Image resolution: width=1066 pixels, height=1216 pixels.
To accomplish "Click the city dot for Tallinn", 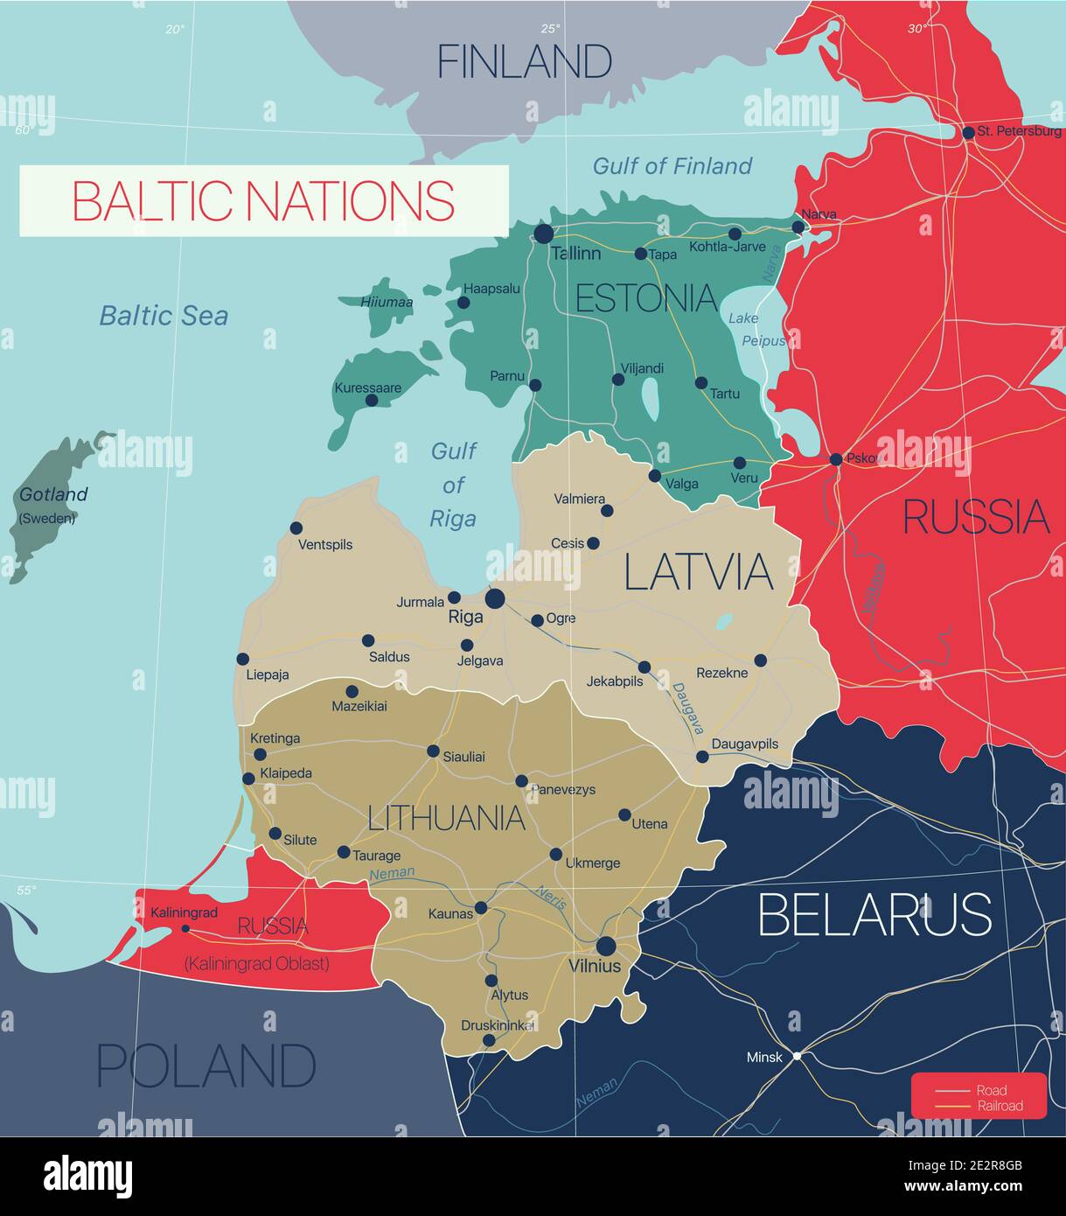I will (x=544, y=234).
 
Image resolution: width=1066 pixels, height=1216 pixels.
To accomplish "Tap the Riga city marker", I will (x=495, y=598).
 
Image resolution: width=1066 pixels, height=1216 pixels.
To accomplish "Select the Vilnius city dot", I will (x=605, y=946).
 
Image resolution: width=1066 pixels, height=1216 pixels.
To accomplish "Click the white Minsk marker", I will (x=797, y=1056).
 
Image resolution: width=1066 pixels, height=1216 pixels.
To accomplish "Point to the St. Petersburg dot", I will (x=968, y=133).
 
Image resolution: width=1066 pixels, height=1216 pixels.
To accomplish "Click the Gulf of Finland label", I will (x=672, y=165).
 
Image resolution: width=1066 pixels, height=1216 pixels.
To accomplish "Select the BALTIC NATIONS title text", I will (x=263, y=200).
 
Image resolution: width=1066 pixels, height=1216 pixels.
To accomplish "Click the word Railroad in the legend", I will (x=1000, y=1106).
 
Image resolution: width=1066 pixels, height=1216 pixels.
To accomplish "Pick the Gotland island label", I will (x=53, y=494).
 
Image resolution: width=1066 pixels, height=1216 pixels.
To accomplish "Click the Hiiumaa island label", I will (x=387, y=302).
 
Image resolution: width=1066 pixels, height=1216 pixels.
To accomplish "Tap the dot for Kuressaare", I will (x=372, y=400).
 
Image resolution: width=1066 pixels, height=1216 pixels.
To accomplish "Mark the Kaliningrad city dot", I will (x=185, y=929).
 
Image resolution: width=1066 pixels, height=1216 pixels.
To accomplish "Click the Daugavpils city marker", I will (x=702, y=757).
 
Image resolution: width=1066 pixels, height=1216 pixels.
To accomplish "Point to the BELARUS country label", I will (x=874, y=914).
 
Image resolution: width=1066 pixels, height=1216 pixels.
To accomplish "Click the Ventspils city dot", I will (x=296, y=528).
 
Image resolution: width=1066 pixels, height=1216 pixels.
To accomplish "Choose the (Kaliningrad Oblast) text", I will (x=256, y=963).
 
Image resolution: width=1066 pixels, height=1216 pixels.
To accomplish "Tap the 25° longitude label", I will (x=549, y=28).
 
